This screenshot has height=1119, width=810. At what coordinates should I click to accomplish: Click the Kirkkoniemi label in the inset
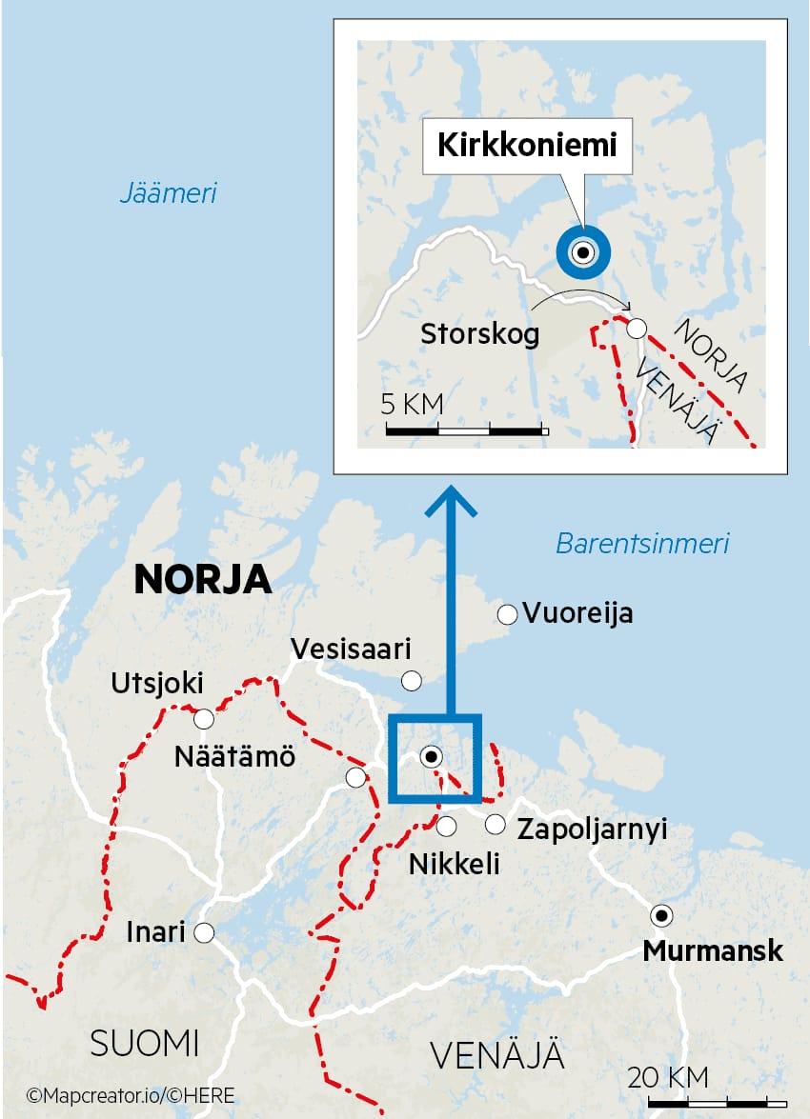pos(527,146)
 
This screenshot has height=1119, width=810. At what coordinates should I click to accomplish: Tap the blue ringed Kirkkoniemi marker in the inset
pos(582,252)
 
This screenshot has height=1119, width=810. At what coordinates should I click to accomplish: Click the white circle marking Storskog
pos(637,329)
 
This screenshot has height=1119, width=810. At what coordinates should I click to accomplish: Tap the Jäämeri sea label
pos(169,193)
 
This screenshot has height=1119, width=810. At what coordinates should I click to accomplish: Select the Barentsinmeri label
pos(642,544)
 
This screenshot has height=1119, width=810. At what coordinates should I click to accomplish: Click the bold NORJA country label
pos(203,579)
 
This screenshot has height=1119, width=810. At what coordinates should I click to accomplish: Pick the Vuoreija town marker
pos(507,613)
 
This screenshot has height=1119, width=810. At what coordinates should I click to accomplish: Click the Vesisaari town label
pos(351,649)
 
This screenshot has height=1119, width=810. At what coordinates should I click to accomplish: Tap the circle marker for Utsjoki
pos(203,718)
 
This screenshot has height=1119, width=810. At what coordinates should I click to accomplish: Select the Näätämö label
pos(235,758)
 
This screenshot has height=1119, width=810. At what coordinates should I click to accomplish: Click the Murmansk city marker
pos(660,915)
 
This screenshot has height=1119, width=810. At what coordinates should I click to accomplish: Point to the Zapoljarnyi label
pos(591,829)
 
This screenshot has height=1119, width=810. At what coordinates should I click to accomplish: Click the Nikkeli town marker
pos(446,826)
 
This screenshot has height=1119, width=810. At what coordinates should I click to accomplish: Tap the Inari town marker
pos(203,932)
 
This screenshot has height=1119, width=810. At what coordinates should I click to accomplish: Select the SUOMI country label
pos(145,1044)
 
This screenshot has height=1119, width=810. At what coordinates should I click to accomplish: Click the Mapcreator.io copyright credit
pos(131,1096)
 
